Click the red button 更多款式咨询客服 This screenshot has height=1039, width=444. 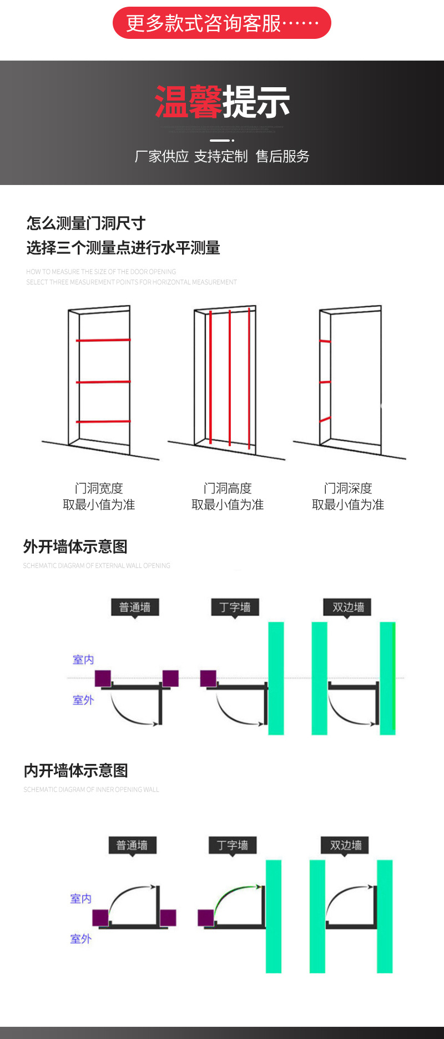(221, 23)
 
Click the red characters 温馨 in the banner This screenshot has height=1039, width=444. (188, 102)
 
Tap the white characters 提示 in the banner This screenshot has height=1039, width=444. (256, 102)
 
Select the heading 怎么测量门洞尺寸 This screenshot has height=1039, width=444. (86, 223)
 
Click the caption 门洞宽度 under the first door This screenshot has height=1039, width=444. (99, 488)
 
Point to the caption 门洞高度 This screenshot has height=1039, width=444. (228, 488)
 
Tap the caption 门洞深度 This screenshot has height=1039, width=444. (348, 488)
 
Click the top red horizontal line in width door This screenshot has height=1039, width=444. (103, 339)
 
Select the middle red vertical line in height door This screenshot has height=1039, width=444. (230, 378)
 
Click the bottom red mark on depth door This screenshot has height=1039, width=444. (325, 419)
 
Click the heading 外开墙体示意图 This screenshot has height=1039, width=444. (75, 547)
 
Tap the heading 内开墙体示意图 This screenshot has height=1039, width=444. (76, 771)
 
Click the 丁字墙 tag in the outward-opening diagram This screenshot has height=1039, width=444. (235, 607)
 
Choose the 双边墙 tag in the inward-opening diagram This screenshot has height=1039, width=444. (346, 845)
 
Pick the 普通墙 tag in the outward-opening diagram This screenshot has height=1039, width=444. (135, 607)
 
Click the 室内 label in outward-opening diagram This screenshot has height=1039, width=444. (83, 660)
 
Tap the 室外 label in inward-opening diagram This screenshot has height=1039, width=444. (81, 938)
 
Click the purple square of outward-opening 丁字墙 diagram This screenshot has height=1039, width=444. (208, 678)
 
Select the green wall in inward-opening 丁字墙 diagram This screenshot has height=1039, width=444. (274, 916)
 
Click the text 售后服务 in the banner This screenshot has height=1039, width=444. (282, 157)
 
